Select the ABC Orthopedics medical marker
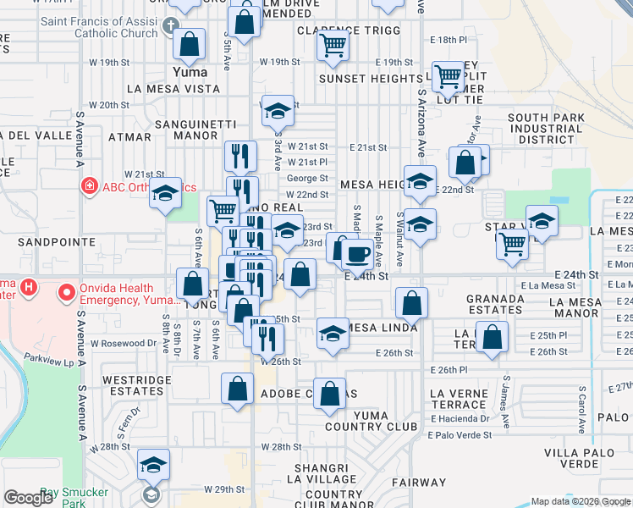[x=88, y=186]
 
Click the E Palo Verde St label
[x=460, y=435]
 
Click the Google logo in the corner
[x=29, y=497]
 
